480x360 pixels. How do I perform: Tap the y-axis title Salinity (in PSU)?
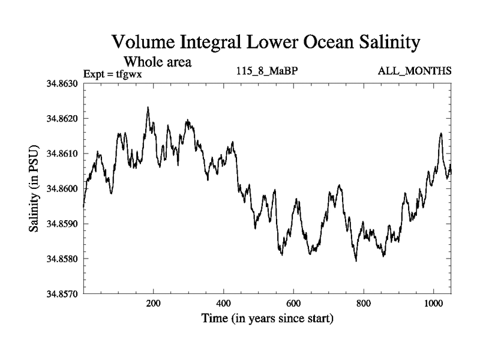click(x=34, y=189)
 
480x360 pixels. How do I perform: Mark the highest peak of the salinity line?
click(x=148, y=108)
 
